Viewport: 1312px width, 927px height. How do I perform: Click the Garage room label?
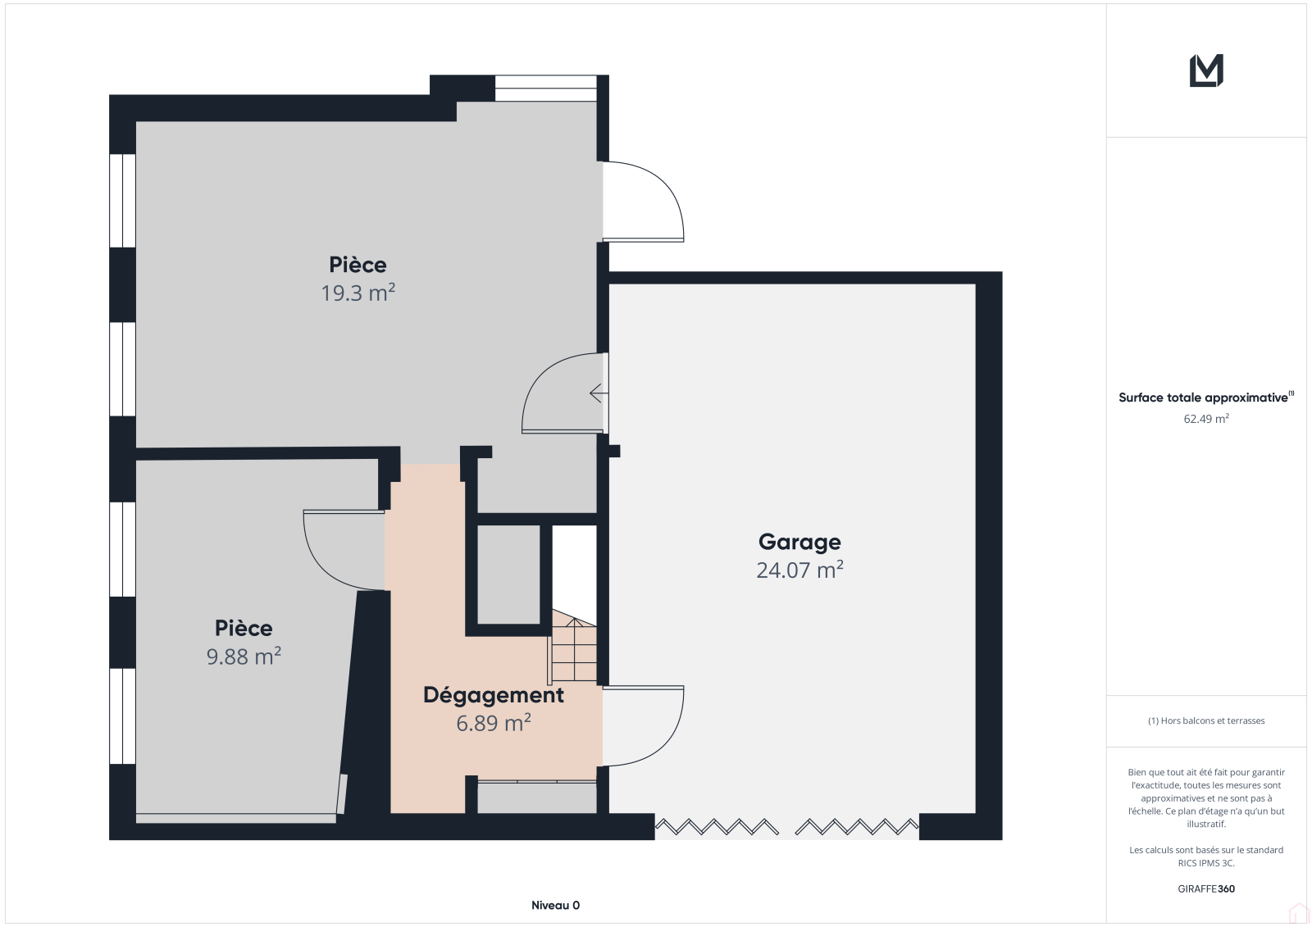pos(799,543)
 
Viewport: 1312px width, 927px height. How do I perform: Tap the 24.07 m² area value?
pos(799,570)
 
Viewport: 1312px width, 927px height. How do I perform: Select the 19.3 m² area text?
pos(358,293)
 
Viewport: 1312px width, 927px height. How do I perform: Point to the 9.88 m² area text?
pos(244,657)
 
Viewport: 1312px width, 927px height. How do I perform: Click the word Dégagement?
pos(493,695)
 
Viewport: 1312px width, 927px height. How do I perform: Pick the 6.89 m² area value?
pos(493,723)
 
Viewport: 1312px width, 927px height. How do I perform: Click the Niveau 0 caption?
pos(555,906)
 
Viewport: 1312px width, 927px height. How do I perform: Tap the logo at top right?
pos(1206,70)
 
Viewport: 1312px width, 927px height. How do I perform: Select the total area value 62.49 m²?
pos(1206,419)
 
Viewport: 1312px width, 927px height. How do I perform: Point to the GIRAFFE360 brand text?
pos(1206,889)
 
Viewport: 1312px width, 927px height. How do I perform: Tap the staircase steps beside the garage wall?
pos(574,646)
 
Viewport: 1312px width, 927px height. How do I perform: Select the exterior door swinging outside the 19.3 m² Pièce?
pos(643,202)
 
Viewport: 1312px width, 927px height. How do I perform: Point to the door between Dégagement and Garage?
pos(643,726)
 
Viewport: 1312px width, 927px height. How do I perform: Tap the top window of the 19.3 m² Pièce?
pos(546,89)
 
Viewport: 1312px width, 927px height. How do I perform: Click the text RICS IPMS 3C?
pos(1206,863)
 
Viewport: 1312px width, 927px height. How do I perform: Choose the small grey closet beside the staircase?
pos(508,575)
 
